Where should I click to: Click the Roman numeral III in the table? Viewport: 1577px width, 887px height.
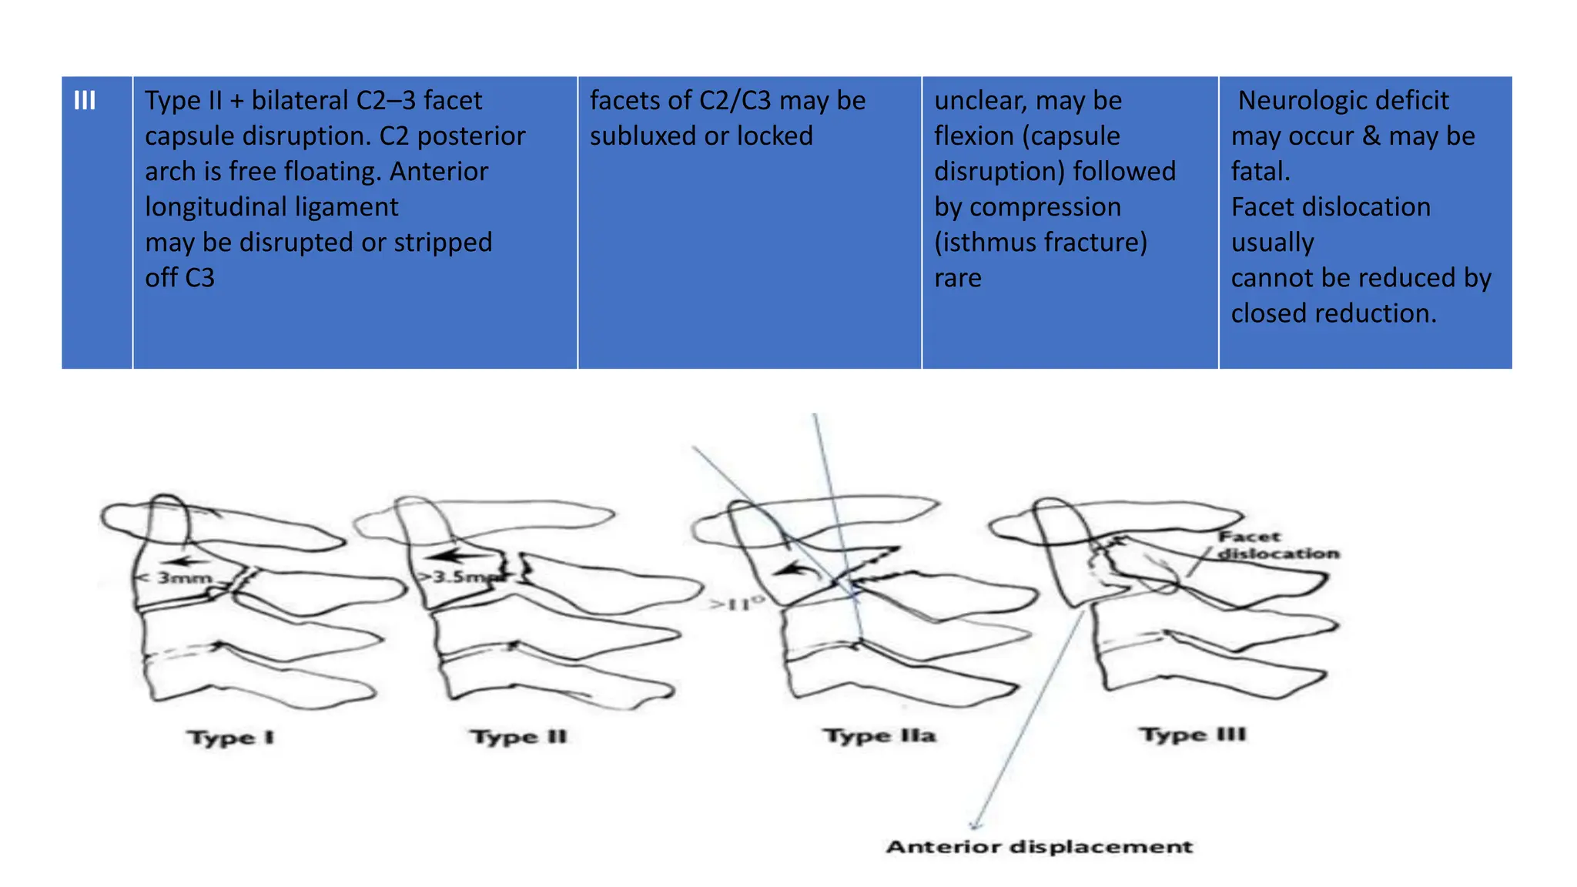tap(85, 101)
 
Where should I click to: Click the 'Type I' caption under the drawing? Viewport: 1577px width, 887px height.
tap(230, 738)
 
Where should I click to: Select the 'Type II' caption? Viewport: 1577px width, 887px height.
tap(519, 737)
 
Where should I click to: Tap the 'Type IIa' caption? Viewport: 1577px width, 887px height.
tap(880, 735)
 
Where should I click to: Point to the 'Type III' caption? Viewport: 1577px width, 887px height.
tap(1193, 735)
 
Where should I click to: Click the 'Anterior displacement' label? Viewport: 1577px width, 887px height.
tap(1039, 847)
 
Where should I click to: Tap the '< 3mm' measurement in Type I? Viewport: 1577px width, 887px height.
tap(176, 577)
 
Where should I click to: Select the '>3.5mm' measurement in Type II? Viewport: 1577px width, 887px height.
tap(454, 576)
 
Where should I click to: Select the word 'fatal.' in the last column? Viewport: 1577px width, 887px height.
tap(1261, 172)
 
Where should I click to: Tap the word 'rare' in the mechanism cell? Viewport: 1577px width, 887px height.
tap(957, 278)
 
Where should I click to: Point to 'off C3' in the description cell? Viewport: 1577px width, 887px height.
tap(179, 278)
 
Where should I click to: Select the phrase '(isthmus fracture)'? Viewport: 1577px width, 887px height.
tap(1040, 243)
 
